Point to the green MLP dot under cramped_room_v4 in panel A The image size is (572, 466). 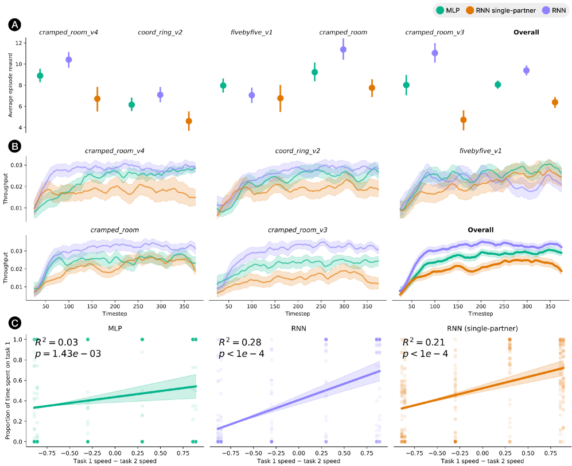point(40,76)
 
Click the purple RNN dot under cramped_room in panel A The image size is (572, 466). point(343,49)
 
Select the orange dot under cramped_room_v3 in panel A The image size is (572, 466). point(464,120)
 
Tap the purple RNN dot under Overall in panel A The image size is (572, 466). point(526,71)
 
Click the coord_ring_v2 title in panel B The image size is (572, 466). point(297,151)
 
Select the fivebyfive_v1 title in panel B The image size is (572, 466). point(480,151)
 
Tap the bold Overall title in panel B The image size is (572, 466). point(480,230)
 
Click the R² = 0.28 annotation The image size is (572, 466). point(237,343)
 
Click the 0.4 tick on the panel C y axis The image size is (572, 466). point(20,401)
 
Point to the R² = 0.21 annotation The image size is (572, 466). point(421,343)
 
